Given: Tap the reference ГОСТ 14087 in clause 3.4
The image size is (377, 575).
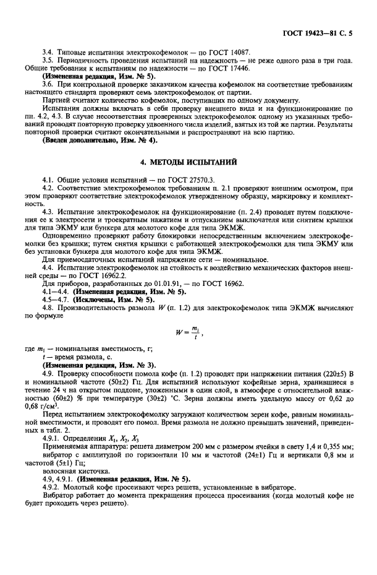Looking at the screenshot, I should click(x=229, y=53).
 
